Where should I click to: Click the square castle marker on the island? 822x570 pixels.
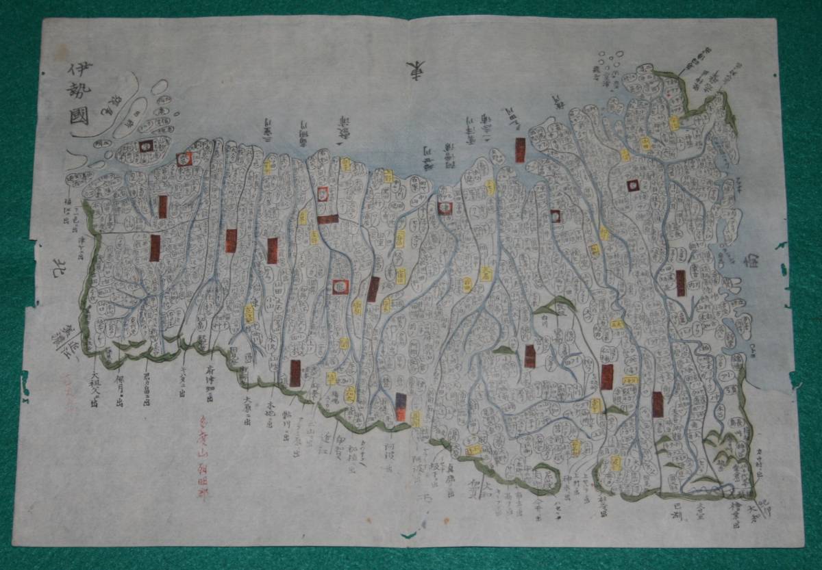(x=145, y=146)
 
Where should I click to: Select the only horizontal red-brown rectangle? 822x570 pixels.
(x=327, y=220)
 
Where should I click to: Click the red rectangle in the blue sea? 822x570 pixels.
(x=520, y=150)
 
